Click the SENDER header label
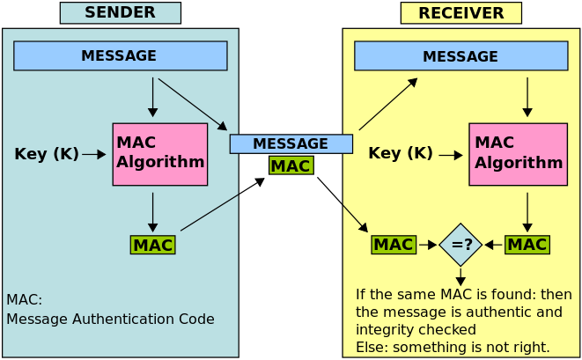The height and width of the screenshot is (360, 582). click(x=120, y=12)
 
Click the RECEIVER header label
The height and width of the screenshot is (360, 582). click(x=460, y=13)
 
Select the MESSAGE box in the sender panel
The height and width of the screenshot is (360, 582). click(x=120, y=55)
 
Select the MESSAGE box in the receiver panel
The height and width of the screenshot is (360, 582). click(x=460, y=56)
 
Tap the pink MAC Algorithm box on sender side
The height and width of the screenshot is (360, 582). click(x=159, y=154)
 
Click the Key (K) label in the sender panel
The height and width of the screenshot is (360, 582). click(x=46, y=154)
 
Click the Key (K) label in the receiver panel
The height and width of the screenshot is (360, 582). click(x=400, y=153)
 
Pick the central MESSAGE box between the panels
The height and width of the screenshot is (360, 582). click(x=291, y=143)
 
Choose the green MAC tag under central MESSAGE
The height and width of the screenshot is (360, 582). click(x=291, y=165)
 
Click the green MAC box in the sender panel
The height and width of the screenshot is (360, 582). click(x=152, y=245)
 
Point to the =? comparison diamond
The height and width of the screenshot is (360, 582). click(x=460, y=245)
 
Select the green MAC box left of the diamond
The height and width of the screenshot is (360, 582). click(x=393, y=245)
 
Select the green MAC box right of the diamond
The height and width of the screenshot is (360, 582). click(x=527, y=245)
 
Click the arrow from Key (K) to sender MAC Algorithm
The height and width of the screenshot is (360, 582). click(x=93, y=154)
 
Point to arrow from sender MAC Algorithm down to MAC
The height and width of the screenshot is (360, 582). click(x=152, y=211)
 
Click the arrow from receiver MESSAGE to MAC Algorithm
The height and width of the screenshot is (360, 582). click(x=527, y=97)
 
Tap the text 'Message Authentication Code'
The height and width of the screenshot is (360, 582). click(x=110, y=319)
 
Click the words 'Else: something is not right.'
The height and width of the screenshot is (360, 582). click(x=453, y=347)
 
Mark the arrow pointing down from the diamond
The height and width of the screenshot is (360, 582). click(x=460, y=276)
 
